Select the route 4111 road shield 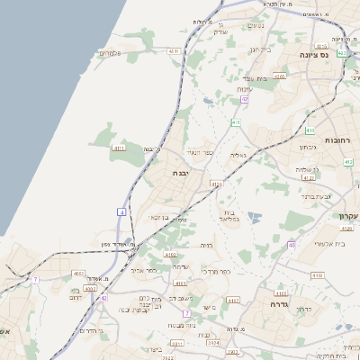[x=118, y=147]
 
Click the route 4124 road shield [x=216, y=184]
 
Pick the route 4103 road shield [x=280, y=292]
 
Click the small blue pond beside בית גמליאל [x=253, y=216]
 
